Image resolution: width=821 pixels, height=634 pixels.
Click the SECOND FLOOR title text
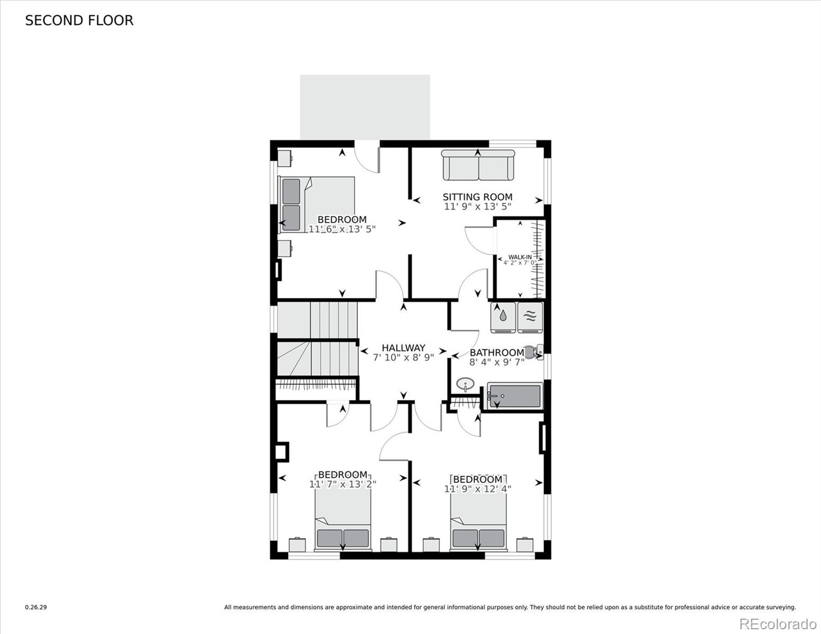79,21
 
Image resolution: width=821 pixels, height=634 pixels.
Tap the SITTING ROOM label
477,197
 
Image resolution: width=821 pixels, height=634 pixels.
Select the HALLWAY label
403,348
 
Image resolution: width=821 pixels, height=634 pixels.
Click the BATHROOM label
496,353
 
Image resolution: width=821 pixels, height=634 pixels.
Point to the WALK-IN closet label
520,257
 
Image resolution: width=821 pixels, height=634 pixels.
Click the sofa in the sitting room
478,165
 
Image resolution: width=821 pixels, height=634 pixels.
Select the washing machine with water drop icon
503,318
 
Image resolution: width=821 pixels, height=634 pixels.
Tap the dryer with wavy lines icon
530,318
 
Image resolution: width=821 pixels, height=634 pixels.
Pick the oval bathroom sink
465,384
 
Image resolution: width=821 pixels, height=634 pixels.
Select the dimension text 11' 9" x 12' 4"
477,489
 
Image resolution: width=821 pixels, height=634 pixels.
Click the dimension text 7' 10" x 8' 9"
403,358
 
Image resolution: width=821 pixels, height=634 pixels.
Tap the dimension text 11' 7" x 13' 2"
343,484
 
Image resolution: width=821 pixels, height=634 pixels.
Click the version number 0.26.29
36,608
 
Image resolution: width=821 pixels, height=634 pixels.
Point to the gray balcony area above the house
365,107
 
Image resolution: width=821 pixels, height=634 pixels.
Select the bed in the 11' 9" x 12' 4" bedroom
478,523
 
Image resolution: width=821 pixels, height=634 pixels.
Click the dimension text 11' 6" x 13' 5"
342,229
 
